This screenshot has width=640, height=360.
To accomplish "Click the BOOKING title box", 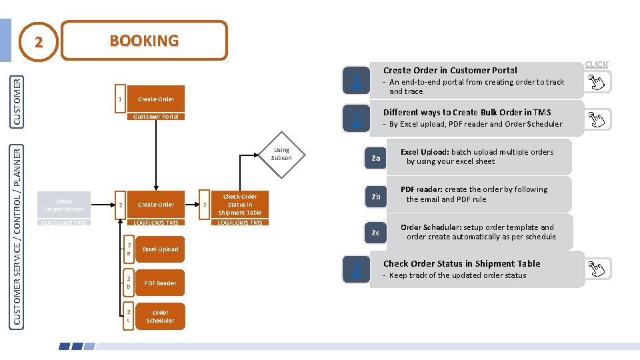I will [x=144, y=41].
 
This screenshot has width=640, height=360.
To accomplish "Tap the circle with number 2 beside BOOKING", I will [x=39, y=42].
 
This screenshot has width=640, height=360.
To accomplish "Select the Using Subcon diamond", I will [x=281, y=154].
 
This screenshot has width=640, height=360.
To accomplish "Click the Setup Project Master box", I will [x=64, y=205].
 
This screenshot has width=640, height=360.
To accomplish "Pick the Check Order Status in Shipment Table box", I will [x=240, y=205].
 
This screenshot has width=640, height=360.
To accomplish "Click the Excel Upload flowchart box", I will [x=160, y=249].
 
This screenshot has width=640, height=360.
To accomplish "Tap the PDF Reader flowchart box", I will [x=160, y=283].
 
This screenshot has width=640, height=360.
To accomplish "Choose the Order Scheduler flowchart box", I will [x=160, y=317].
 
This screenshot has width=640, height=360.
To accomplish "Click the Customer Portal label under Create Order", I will [x=155, y=117].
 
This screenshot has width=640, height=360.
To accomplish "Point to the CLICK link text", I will [x=596, y=65].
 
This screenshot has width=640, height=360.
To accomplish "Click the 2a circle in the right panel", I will [x=376, y=158].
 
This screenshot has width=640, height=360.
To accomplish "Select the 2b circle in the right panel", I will [x=376, y=196].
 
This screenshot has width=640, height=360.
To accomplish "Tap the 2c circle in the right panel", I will [x=376, y=233].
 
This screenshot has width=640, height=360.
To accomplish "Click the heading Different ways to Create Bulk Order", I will [x=467, y=112].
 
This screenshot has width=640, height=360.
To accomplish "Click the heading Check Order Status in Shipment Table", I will [x=461, y=263].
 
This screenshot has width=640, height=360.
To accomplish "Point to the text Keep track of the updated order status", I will [x=457, y=275].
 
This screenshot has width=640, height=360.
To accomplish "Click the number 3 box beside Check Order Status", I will [x=205, y=205].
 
